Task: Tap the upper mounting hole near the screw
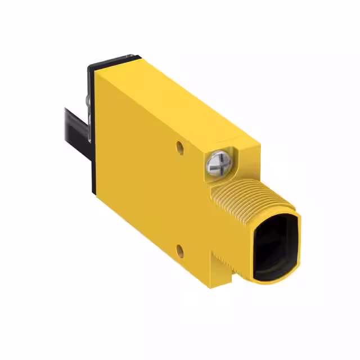click(179, 147)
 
